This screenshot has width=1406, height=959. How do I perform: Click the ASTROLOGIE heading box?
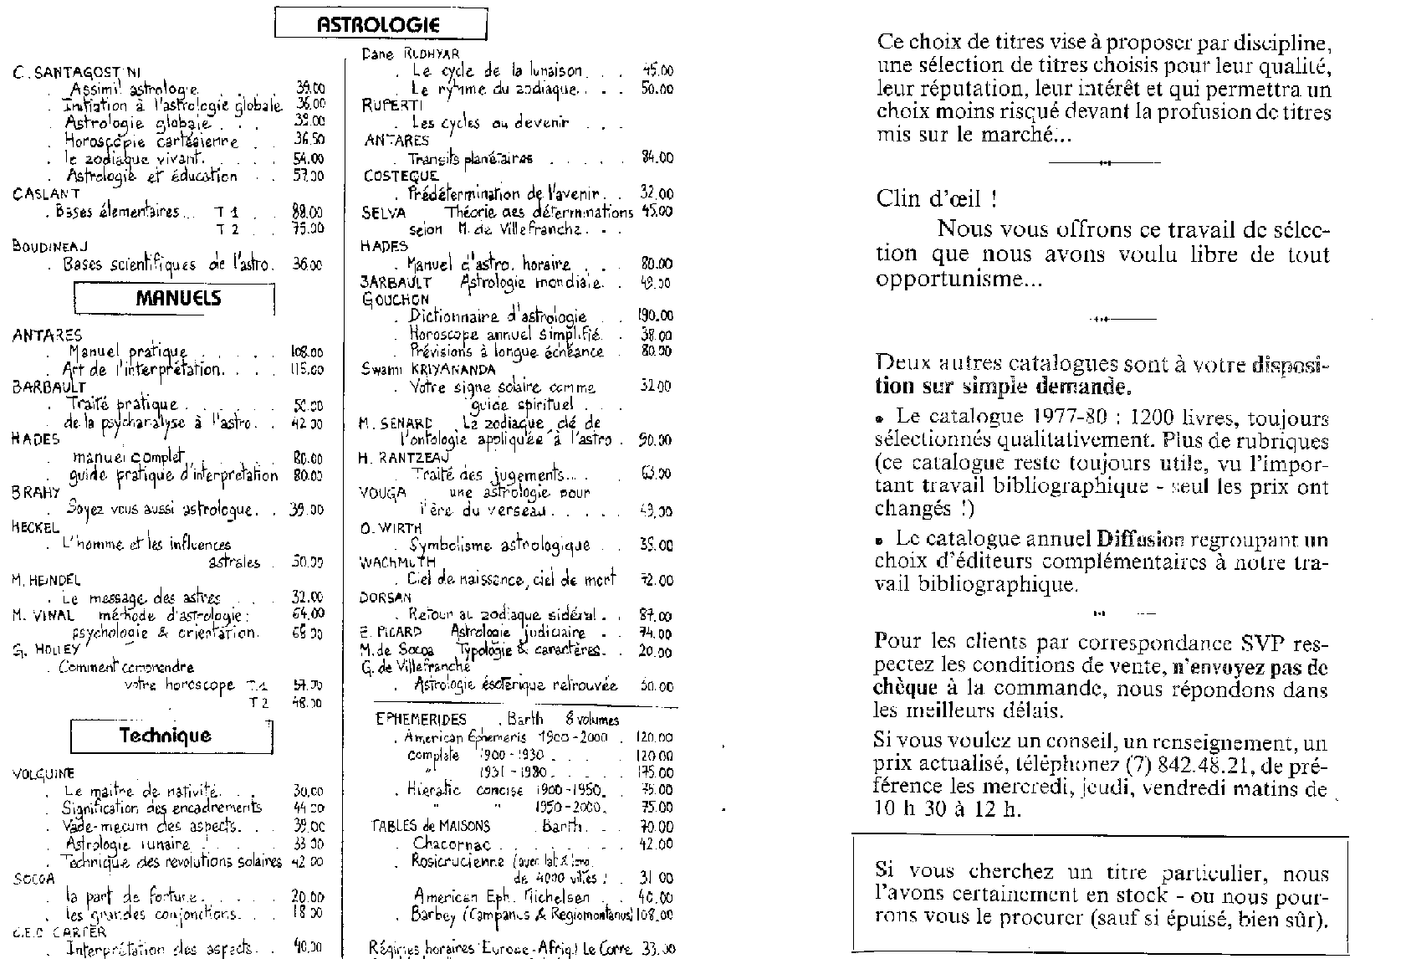pos(381,24)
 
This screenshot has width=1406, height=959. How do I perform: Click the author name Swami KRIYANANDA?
pos(428,369)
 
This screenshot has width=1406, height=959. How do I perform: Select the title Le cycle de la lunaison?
pos(504,72)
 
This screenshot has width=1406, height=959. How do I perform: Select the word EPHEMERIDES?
pos(422,720)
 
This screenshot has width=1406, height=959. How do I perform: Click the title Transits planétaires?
pos(470,158)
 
